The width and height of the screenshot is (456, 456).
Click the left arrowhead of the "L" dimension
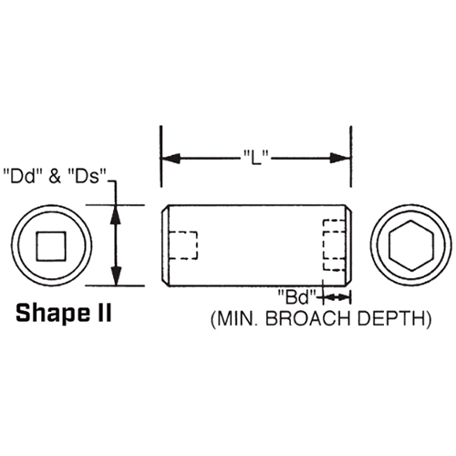[170, 157]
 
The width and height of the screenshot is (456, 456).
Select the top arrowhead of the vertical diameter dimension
[116, 214]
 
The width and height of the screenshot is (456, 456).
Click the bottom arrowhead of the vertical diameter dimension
[116, 277]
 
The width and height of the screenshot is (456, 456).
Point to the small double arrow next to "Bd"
[337, 295]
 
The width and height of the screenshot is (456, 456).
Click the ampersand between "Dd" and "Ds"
[53, 172]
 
